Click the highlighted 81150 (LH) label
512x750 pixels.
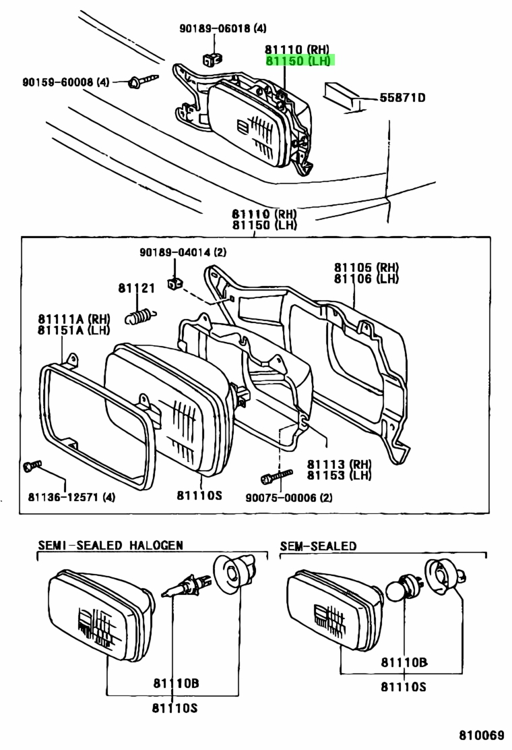[299, 61]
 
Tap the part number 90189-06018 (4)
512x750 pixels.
[222, 29]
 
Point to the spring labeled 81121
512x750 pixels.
[139, 314]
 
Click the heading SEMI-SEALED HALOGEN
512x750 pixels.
[110, 545]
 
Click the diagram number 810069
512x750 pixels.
[482, 734]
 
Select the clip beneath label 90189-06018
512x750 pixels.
[212, 58]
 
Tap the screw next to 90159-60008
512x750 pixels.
[142, 82]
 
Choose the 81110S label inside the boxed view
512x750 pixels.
[199, 496]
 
